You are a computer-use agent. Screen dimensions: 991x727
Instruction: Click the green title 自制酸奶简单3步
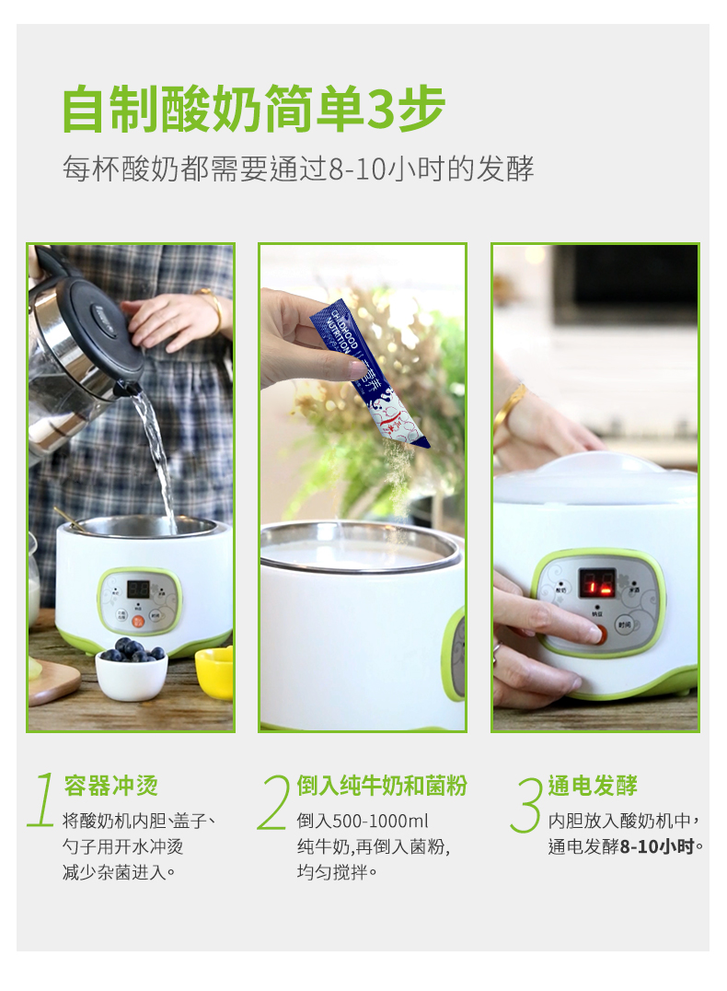coord(253,110)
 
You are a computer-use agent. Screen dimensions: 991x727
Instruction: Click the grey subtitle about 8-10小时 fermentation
coord(297,169)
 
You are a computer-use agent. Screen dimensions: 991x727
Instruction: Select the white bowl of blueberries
coord(132,671)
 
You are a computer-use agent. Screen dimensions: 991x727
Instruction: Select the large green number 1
coord(42,800)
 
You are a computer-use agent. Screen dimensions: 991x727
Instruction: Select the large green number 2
coord(274,801)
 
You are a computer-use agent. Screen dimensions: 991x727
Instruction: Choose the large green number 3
coord(526,803)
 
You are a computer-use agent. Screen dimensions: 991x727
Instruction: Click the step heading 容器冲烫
coord(110,786)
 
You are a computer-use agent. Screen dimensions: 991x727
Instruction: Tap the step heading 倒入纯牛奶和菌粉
coord(382,786)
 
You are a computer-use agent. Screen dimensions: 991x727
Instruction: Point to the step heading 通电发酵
coord(593,786)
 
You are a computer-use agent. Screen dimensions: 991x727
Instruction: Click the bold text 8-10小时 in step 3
coord(657,846)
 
